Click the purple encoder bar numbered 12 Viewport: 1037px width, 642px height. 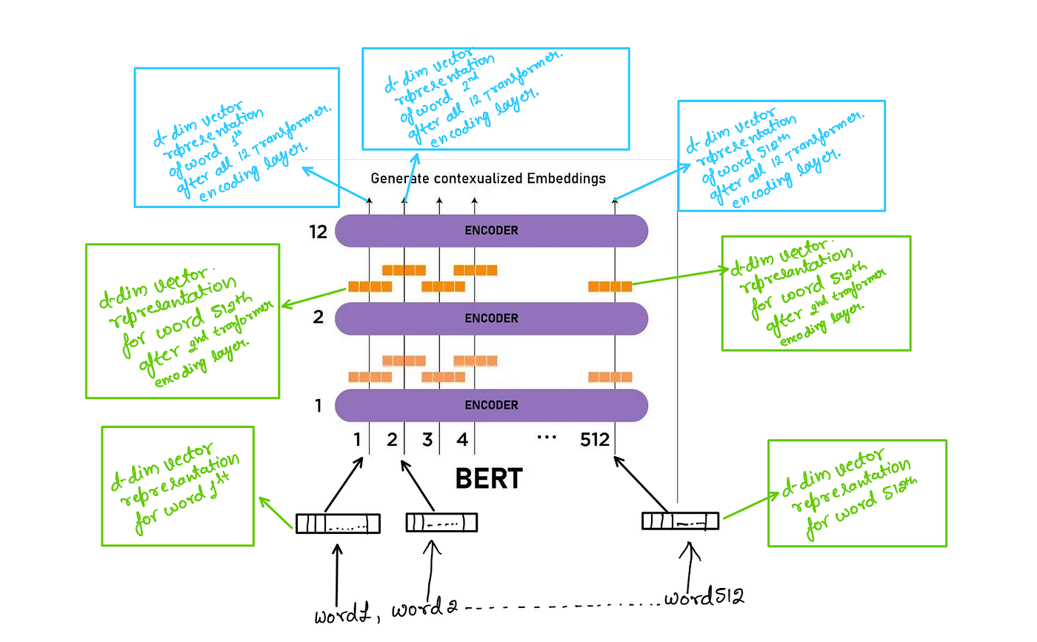[x=491, y=230]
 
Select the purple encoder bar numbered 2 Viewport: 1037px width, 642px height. [x=491, y=318]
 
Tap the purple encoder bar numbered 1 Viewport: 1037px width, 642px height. [x=491, y=405]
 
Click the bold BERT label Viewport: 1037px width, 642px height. [x=489, y=479]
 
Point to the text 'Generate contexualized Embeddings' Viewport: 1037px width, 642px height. [x=488, y=178]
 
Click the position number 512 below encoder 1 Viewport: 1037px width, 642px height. [x=595, y=441]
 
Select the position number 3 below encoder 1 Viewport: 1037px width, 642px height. [x=427, y=441]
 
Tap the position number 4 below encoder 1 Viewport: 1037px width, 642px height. [x=462, y=441]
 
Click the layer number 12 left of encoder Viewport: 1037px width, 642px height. [x=320, y=231]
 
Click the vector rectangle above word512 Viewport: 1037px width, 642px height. [x=680, y=521]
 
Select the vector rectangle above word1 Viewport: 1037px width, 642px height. [x=338, y=524]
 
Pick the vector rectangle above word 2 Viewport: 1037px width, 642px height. [x=441, y=522]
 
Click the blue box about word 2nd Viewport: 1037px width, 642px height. [x=495, y=98]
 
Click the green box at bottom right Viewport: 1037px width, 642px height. [x=857, y=493]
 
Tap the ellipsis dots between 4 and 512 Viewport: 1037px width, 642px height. [x=546, y=438]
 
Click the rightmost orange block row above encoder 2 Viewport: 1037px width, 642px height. [x=610, y=286]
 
